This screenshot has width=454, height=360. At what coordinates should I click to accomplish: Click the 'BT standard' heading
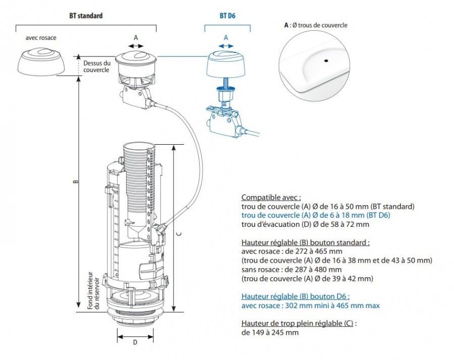coord(86,16)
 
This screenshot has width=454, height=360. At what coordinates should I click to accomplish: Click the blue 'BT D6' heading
coord(228,16)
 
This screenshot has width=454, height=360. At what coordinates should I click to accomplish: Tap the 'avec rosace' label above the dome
coord(41,38)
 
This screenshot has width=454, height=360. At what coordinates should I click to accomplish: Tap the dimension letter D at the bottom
coord(135,342)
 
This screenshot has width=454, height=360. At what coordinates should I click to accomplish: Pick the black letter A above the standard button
coord(135,37)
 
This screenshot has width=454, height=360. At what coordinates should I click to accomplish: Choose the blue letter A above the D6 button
coord(225,37)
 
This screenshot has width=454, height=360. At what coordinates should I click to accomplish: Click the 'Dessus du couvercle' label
coord(96,67)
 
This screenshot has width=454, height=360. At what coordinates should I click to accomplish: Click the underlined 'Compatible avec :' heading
coord(271,198)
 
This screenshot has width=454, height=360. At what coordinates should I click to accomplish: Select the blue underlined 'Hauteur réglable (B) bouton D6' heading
coord(295,296)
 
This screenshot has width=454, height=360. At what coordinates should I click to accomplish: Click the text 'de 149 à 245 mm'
coord(270,333)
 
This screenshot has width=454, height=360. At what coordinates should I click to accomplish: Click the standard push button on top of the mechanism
coord(135,59)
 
